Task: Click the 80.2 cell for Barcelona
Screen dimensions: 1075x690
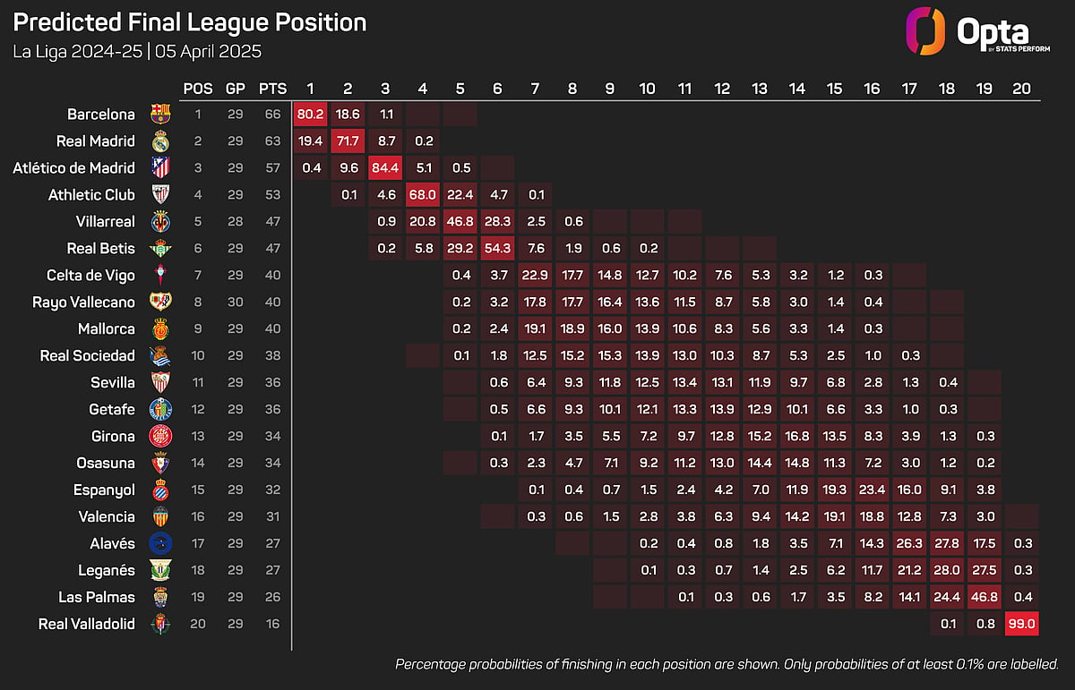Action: tap(311, 115)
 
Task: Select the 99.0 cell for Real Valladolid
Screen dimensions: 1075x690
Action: tap(1022, 624)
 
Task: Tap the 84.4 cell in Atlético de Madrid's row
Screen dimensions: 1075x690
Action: tap(385, 168)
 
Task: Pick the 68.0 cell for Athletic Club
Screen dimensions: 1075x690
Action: tap(423, 195)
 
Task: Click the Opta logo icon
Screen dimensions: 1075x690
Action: tap(925, 31)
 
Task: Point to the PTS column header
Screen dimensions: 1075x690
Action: tap(272, 89)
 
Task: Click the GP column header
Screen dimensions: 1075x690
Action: tap(235, 89)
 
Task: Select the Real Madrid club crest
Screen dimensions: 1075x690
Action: tap(160, 141)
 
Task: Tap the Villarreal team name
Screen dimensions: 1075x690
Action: tap(105, 222)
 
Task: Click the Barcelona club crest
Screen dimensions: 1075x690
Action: tap(160, 115)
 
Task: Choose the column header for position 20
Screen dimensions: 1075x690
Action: tap(1022, 89)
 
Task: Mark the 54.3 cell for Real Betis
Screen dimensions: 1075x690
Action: tap(498, 249)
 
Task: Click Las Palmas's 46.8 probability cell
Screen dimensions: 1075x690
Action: tap(985, 597)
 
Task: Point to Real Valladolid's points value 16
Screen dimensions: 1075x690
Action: tap(272, 624)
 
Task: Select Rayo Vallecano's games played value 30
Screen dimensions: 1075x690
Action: tap(235, 302)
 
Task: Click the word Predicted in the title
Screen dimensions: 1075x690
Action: tap(67, 22)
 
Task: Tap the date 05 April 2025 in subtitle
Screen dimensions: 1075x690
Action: tap(208, 51)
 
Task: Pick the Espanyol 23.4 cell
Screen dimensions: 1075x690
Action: tap(872, 490)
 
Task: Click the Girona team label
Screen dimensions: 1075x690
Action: tap(113, 437)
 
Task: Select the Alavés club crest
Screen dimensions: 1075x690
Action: tap(160, 543)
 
